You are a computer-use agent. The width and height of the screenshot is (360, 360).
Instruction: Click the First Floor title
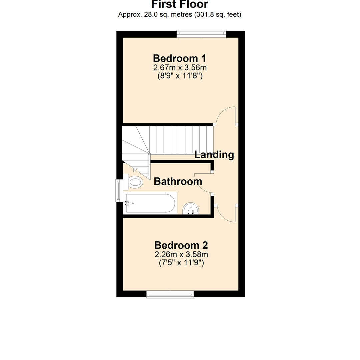pyautogui.click(x=180, y=4)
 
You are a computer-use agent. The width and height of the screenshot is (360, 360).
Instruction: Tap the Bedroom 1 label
pyautogui.click(x=180, y=58)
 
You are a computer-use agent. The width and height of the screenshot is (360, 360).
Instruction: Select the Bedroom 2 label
pyautogui.click(x=181, y=245)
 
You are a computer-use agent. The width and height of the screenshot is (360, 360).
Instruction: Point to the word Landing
pyautogui.click(x=214, y=155)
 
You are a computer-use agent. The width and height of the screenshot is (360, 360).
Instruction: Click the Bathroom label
pyautogui.click(x=178, y=182)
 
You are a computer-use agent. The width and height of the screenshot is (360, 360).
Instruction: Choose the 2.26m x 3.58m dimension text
pyautogui.click(x=181, y=255)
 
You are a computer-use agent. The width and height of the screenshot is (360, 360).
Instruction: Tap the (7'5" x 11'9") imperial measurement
pyautogui.click(x=181, y=263)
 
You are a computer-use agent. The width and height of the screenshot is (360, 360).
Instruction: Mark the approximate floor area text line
pyautogui.click(x=180, y=15)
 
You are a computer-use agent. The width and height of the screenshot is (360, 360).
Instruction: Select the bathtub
pyautogui.click(x=149, y=203)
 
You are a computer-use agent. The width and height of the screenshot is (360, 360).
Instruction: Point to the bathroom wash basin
pyautogui.click(x=191, y=208)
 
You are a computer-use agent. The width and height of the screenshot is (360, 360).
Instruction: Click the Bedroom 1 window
pyautogui.click(x=201, y=33)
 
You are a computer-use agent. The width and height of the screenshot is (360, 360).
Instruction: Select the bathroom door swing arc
pyautogui.click(x=202, y=184)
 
